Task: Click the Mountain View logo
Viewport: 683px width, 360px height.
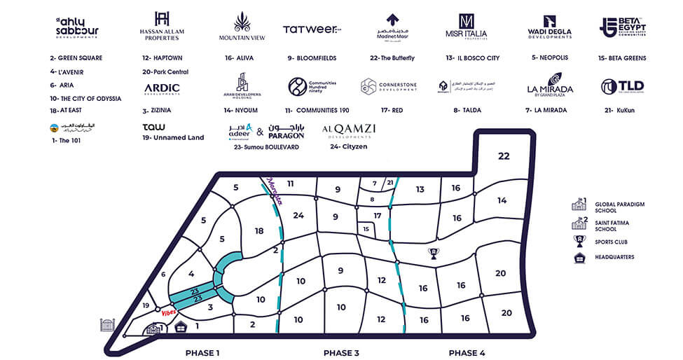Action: [242, 27]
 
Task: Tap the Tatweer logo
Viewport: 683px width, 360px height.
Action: [311, 29]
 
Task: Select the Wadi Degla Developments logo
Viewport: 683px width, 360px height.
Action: [549, 27]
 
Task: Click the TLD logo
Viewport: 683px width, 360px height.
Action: [622, 87]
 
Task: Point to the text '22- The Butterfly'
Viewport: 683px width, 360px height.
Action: [392, 57]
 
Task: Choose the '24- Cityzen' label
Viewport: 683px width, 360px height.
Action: [349, 147]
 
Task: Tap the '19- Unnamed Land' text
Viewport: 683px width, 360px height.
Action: [172, 138]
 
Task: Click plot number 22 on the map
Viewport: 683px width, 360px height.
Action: [504, 156]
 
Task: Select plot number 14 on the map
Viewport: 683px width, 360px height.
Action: [502, 200]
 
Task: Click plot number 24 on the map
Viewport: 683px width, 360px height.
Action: [299, 215]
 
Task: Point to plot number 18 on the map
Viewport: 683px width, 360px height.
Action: [259, 231]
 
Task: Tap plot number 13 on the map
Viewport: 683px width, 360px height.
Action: [420, 189]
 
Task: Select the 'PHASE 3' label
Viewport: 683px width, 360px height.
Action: [341, 352]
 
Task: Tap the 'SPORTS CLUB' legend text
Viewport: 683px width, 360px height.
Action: [611, 242]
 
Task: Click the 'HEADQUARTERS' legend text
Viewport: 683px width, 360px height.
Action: [614, 257]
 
